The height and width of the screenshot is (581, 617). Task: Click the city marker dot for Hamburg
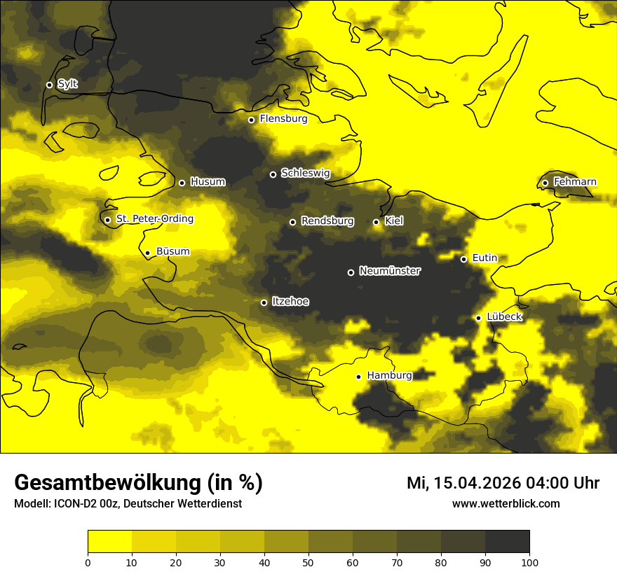click(358, 377)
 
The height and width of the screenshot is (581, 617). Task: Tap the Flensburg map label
click(283, 119)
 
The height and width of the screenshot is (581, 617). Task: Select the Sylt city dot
click(49, 85)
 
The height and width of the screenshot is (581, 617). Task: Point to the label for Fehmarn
click(575, 182)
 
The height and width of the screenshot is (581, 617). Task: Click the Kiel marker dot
click(376, 222)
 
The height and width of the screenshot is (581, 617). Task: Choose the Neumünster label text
click(390, 271)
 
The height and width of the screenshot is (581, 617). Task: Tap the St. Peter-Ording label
click(154, 219)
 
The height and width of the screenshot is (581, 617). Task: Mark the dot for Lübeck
click(478, 318)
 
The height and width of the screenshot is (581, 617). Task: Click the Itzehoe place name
click(290, 302)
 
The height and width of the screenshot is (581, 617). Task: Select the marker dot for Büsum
click(147, 253)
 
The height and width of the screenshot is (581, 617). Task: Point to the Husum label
click(208, 182)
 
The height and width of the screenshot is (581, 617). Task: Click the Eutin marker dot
click(463, 259)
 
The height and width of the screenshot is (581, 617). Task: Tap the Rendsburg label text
click(327, 221)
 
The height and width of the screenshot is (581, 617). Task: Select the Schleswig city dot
click(273, 174)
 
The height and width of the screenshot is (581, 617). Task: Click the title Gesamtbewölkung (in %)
click(138, 482)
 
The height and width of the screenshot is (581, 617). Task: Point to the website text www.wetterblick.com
click(506, 503)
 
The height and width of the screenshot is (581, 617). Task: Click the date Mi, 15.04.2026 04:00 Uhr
click(503, 483)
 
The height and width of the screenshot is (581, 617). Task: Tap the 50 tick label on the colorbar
click(308, 561)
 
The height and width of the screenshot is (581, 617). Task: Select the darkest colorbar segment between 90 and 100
click(507, 542)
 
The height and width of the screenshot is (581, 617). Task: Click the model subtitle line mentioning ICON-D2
click(128, 504)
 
